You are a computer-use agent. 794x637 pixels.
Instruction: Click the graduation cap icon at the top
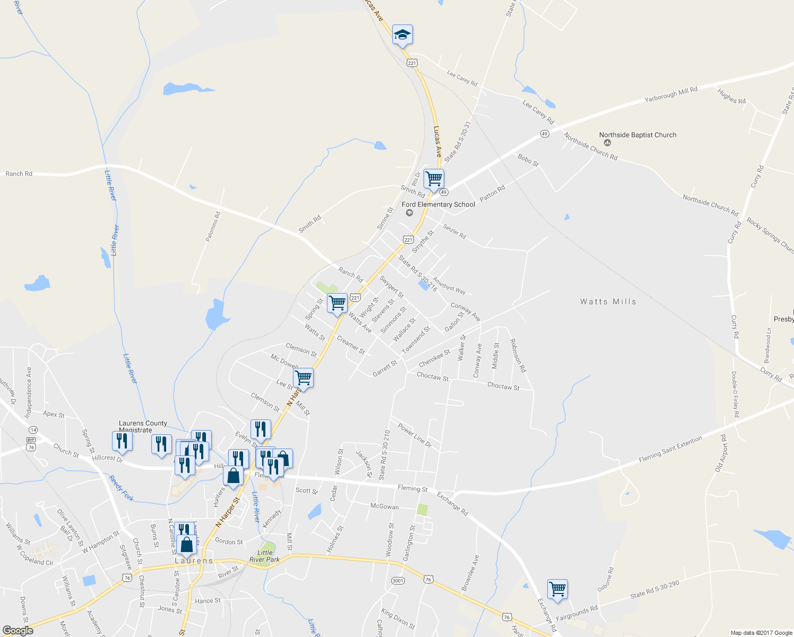402,35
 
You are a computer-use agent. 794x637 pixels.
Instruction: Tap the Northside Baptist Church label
637,135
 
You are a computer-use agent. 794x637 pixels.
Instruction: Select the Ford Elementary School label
438,204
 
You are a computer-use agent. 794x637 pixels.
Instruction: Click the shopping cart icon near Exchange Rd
557,589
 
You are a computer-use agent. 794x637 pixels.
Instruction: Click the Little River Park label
264,556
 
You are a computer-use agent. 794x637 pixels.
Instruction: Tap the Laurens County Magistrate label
143,426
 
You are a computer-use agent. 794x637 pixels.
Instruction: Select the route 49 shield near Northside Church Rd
545,134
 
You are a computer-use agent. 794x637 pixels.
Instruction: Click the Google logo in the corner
18,631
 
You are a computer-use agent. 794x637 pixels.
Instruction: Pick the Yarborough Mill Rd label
671,94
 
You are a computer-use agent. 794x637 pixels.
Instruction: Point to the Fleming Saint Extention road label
670,449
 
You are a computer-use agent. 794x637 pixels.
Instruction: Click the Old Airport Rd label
721,453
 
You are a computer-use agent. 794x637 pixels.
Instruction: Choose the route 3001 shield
398,580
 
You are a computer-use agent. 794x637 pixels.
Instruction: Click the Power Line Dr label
415,435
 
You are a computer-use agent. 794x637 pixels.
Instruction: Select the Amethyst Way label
449,286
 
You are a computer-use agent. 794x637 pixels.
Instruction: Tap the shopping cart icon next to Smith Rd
434,178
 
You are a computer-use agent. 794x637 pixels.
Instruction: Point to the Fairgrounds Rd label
576,614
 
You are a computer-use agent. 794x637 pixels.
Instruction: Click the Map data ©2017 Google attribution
761,633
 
